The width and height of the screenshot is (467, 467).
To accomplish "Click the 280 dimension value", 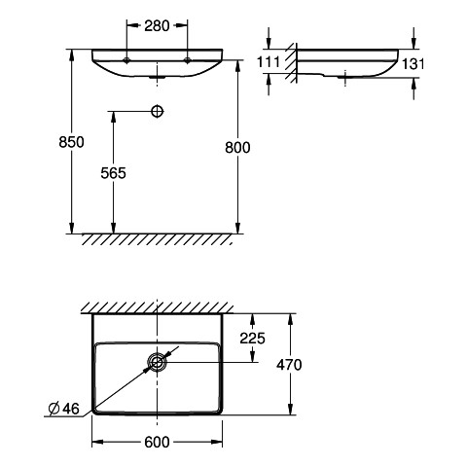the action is [157, 26].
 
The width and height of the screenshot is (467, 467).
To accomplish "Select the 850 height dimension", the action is [71, 142].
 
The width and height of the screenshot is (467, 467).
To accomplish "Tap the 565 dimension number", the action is [113, 173].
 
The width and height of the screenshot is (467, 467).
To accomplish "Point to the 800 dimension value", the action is [237, 148].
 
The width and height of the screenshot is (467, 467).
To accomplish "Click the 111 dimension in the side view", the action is [268, 61].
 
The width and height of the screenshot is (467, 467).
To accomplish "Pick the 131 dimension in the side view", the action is [413, 63].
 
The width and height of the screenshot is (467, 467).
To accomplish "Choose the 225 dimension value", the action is [252, 339].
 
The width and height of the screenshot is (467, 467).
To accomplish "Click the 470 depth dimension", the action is [289, 365].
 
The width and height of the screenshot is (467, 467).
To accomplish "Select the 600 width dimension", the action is [157, 442].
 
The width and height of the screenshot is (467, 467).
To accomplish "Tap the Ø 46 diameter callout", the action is [63, 409].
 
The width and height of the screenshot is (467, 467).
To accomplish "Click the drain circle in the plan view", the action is [157, 362].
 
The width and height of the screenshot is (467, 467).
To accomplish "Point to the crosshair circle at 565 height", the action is [158, 111].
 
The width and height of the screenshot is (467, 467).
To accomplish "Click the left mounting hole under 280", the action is [126, 60].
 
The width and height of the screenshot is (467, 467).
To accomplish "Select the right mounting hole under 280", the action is [187, 60].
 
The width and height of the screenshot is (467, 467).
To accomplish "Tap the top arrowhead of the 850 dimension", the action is [72, 54].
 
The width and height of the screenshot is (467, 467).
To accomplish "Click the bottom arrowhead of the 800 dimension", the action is [237, 228].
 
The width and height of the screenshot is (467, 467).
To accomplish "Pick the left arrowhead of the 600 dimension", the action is [97, 442].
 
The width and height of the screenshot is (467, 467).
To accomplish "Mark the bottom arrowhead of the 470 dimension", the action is [291, 409].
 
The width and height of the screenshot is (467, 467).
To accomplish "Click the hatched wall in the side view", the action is [292, 62].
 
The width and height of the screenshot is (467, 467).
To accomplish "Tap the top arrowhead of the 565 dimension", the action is [113, 117].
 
